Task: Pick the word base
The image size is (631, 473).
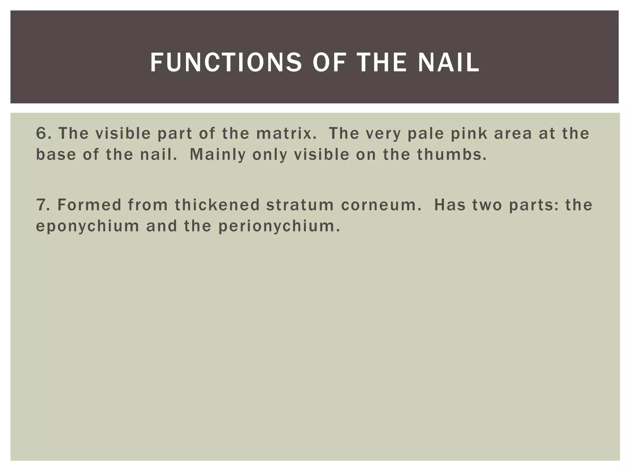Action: (x=56, y=155)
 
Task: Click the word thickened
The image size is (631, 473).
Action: (x=218, y=205)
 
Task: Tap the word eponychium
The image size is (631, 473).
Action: (x=88, y=227)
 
